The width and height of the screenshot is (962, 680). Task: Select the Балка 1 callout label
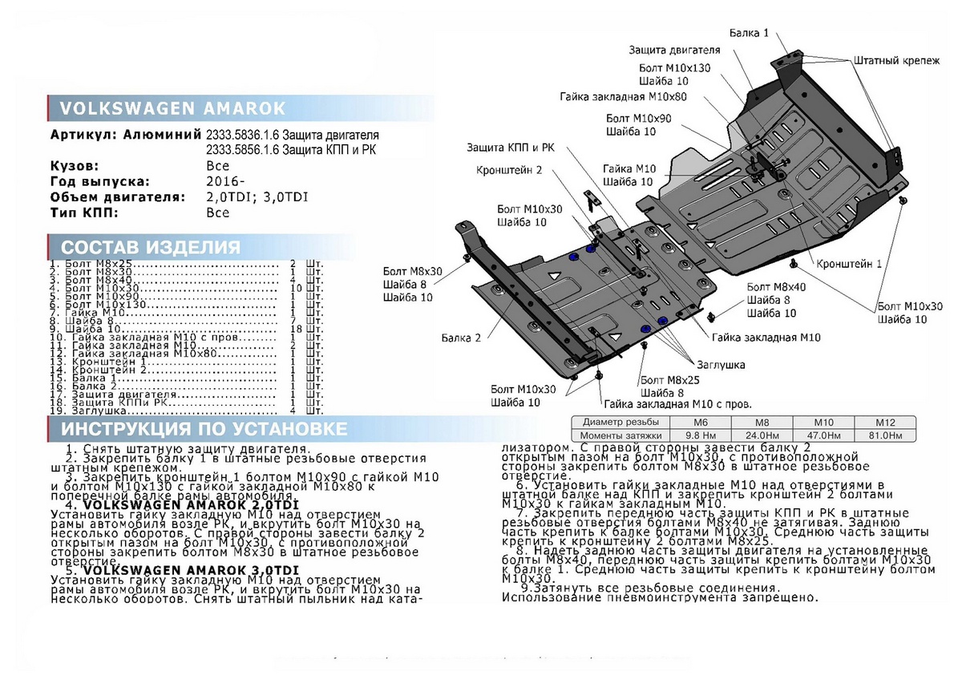(x=749, y=33)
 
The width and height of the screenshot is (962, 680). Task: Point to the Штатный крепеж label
(x=896, y=61)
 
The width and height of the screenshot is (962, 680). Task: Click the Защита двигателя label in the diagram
(x=668, y=50)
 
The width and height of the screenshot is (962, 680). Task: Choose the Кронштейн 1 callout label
(x=850, y=264)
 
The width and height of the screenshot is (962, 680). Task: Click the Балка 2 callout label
(x=460, y=338)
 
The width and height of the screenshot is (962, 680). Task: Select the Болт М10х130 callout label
(x=675, y=68)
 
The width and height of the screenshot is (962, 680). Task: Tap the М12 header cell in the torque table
(x=883, y=422)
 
